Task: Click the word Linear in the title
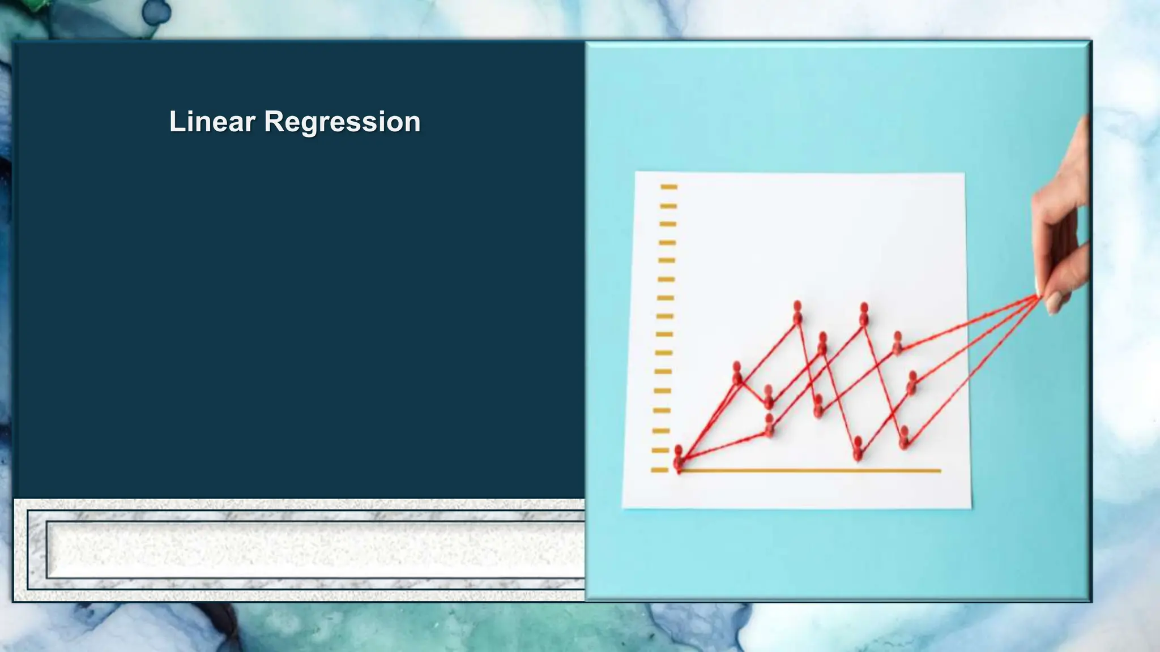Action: [212, 122]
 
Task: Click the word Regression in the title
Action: [342, 122]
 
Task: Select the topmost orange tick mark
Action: [669, 186]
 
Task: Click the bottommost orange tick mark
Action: [659, 470]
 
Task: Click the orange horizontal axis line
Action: [810, 470]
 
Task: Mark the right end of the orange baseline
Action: [940, 470]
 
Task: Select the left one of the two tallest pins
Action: [797, 312]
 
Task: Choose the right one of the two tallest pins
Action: [864, 314]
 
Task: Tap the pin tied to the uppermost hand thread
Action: [897, 343]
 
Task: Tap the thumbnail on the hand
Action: [1053, 303]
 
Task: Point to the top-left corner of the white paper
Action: [636, 173]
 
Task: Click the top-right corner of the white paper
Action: [963, 174]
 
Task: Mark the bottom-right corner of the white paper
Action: [970, 508]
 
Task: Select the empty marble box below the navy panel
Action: [315, 550]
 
